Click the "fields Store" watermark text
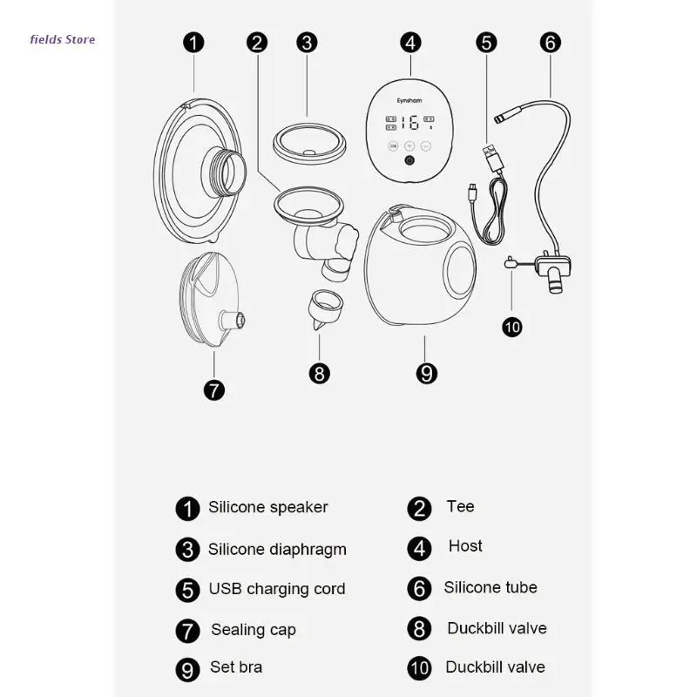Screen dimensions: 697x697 tap(62, 39)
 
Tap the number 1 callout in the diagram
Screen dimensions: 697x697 tap(193, 42)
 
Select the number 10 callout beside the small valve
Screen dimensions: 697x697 tap(512, 327)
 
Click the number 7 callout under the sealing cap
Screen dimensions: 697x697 tap(213, 389)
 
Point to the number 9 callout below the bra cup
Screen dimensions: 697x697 tap(426, 374)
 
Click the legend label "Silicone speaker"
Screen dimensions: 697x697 tap(267, 507)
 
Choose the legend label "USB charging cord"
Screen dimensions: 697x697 tap(276, 589)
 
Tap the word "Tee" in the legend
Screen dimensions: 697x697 tap(460, 506)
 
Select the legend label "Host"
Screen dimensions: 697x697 tap(465, 546)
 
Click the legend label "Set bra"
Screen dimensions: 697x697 tap(236, 667)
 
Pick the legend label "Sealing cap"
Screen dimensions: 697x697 tap(253, 629)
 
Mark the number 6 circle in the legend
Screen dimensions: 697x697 tap(419, 588)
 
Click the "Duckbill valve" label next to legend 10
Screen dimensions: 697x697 tap(495, 667)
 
